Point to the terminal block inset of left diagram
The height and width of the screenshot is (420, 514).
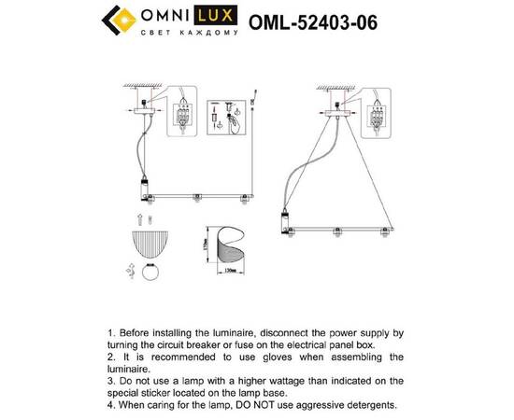(x=186, y=117)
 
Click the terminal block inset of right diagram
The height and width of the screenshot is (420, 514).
(x=378, y=115)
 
